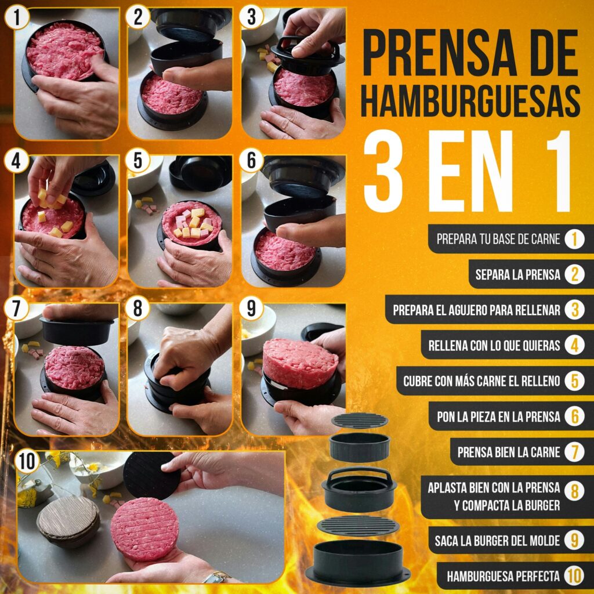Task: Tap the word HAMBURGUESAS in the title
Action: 470,100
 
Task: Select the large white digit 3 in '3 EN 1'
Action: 383,171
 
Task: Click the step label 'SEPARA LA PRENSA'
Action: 517,274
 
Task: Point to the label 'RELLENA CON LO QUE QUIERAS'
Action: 494,346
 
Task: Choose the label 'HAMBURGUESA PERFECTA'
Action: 503,577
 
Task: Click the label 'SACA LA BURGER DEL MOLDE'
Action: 497,541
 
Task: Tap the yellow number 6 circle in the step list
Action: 574,416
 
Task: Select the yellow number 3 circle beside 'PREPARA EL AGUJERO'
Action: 574,310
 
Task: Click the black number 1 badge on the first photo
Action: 17,17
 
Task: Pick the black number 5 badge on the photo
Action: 138,161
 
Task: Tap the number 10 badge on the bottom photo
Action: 27,461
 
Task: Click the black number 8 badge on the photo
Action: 138,308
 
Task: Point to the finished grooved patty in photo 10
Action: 144,529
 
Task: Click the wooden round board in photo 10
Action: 68,521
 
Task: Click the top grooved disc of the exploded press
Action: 360,421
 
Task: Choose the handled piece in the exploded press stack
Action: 359,488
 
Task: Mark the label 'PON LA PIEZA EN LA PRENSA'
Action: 498,416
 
